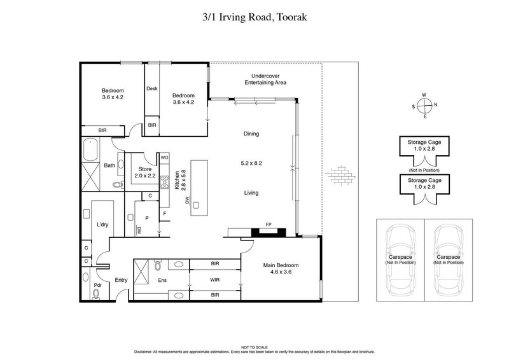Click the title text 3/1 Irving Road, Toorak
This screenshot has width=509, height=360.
point(254,17)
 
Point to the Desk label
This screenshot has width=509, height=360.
point(151,89)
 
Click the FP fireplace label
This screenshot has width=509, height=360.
point(268,225)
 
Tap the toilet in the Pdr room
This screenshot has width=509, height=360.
point(97,293)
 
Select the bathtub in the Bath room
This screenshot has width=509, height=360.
point(90,152)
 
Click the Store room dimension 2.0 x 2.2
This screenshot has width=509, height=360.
point(145,176)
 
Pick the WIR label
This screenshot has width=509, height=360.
point(214,279)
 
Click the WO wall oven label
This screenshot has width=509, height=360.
point(164,157)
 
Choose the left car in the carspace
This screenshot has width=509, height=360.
point(400,261)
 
